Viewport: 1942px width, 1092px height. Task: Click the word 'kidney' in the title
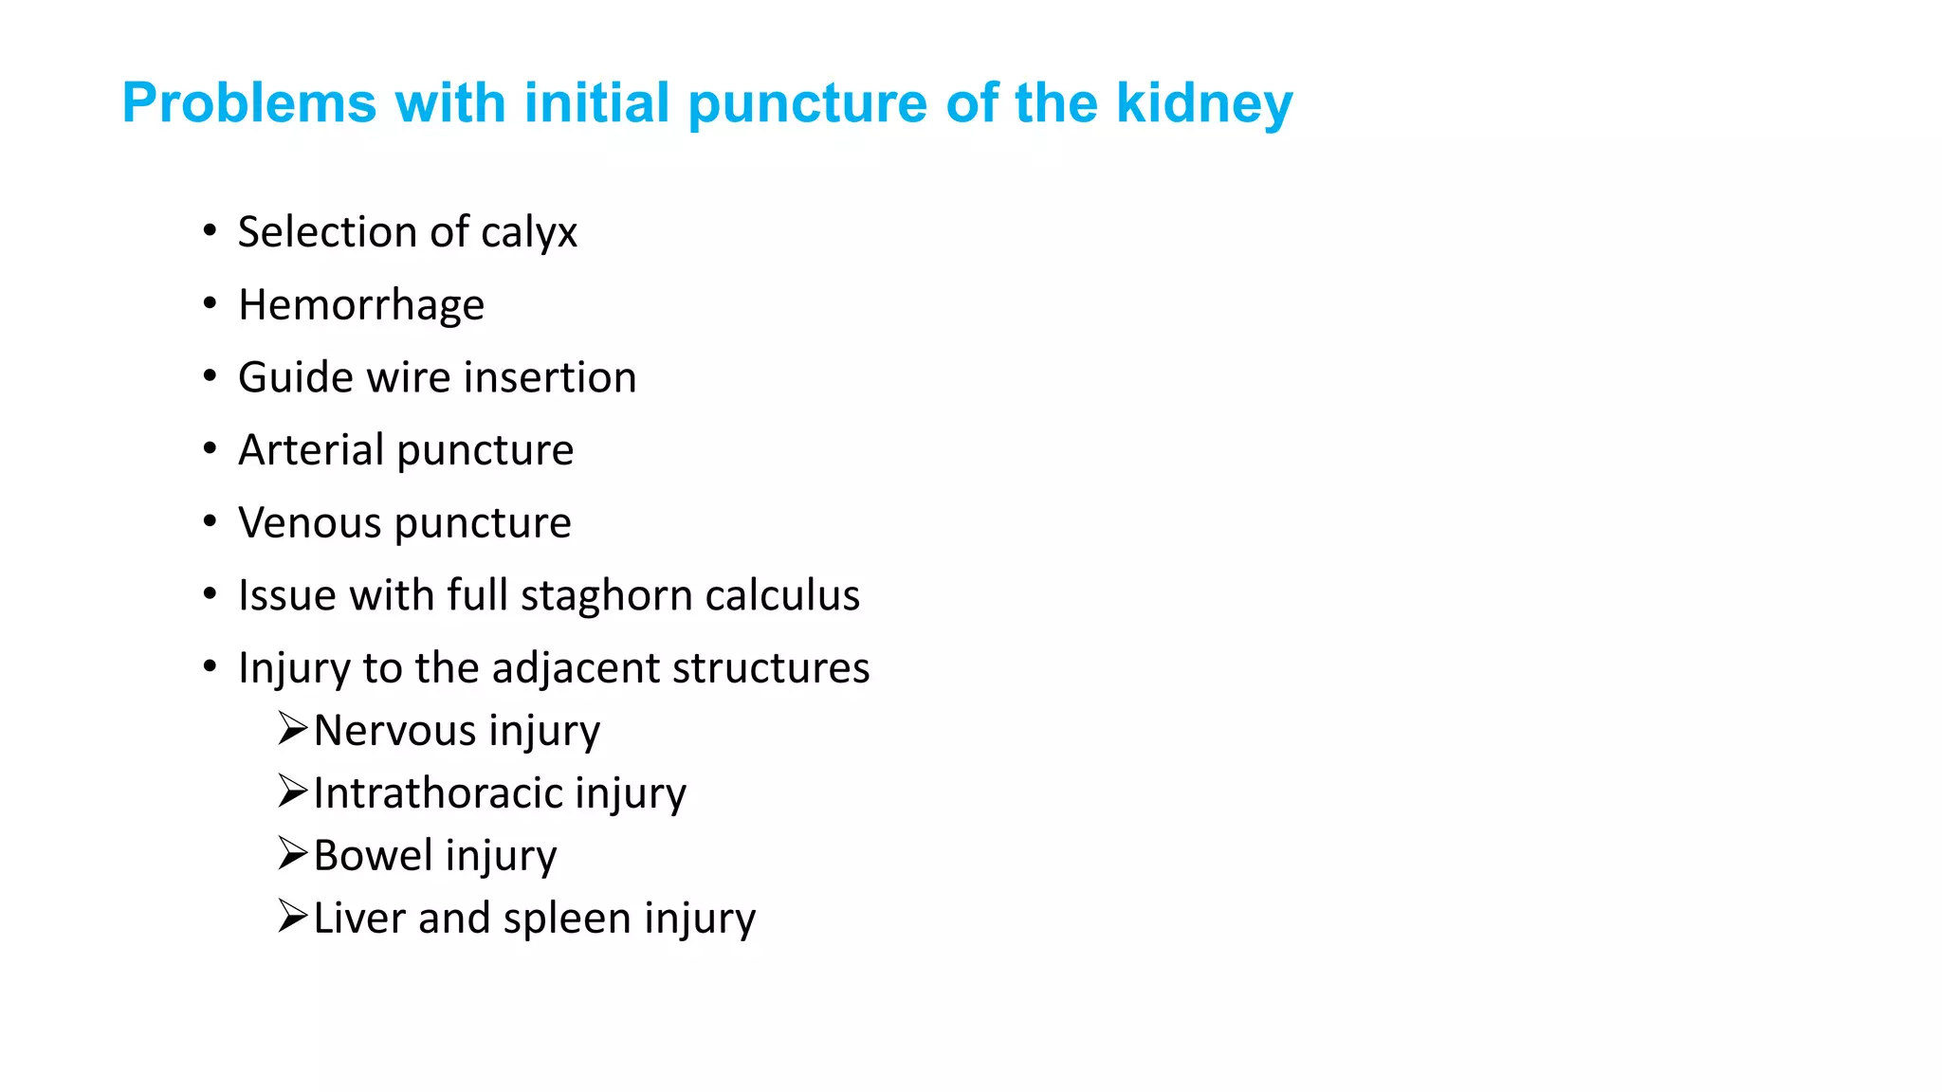click(1203, 103)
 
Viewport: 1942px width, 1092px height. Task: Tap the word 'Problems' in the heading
click(249, 103)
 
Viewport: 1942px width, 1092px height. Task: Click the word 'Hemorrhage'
click(361, 305)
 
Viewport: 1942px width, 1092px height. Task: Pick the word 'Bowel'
click(373, 856)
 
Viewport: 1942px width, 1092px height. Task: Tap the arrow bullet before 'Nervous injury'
click(292, 729)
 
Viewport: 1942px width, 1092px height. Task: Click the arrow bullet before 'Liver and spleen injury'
click(292, 917)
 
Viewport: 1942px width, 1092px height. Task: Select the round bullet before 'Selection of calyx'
click(210, 230)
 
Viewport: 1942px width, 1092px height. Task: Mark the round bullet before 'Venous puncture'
click(210, 520)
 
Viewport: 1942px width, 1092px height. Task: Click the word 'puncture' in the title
click(807, 103)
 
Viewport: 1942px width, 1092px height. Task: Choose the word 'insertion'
click(550, 377)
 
